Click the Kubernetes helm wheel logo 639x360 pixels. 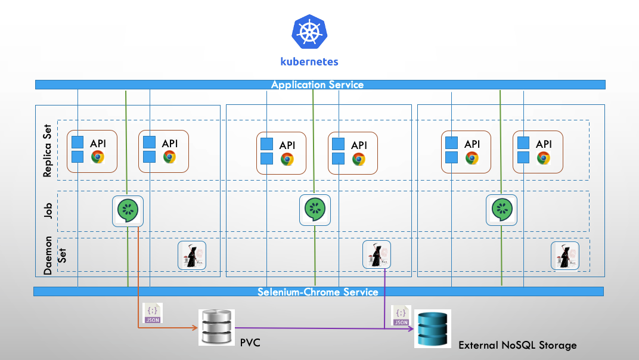309,33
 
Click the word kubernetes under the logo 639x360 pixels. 309,61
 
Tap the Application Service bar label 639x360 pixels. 317,85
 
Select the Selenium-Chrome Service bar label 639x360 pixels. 318,292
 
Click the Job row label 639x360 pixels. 48,211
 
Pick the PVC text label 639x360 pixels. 250,343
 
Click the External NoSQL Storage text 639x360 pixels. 517,345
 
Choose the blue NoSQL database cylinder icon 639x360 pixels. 433,328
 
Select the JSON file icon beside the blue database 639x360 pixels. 401,315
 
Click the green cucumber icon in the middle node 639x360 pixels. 315,210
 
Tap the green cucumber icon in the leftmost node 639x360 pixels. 128,210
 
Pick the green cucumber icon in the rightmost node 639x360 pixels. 501,210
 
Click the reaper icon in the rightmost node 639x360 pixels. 564,255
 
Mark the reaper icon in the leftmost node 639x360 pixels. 192,255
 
